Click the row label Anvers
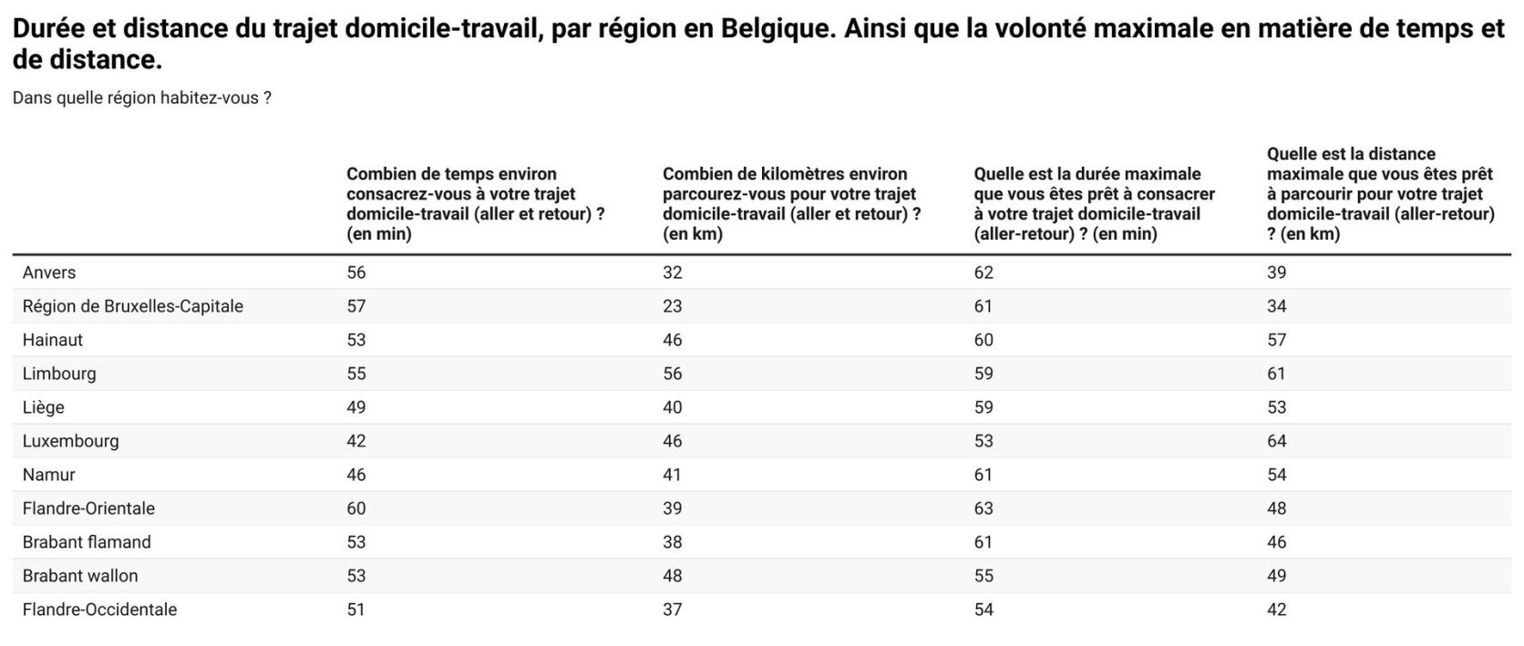point(49,272)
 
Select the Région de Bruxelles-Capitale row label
point(132,306)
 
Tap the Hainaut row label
point(53,340)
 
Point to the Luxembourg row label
point(70,441)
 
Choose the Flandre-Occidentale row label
point(99,610)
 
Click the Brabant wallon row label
point(80,576)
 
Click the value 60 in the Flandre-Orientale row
point(355,508)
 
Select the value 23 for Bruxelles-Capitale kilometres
point(672,306)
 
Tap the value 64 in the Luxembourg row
point(1276,441)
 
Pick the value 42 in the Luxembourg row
point(355,441)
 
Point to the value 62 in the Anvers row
point(983,272)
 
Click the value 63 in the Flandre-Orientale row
point(983,508)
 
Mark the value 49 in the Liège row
point(355,407)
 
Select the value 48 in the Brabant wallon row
point(672,576)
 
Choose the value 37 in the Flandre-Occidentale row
point(672,610)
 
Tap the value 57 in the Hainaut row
point(1276,340)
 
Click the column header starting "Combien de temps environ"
point(475,203)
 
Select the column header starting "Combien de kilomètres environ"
point(791,203)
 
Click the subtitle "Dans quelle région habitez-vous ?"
point(141,98)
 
